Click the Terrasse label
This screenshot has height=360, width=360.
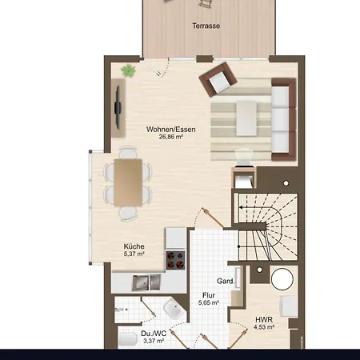tap(206, 26)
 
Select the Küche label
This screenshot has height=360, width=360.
tap(134, 246)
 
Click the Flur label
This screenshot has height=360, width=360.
tap(208, 294)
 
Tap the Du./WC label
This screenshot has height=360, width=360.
tap(153, 333)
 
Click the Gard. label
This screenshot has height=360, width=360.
tap(226, 281)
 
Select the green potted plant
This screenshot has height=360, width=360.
tap(127, 72)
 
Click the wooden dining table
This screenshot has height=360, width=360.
tap(128, 182)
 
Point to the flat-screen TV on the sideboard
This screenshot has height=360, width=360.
tap(118, 108)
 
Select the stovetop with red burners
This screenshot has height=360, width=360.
tap(175, 260)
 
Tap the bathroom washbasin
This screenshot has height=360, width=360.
tap(170, 310)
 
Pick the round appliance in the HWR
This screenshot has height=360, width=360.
tap(282, 278)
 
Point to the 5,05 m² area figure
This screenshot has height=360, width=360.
tap(208, 302)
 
